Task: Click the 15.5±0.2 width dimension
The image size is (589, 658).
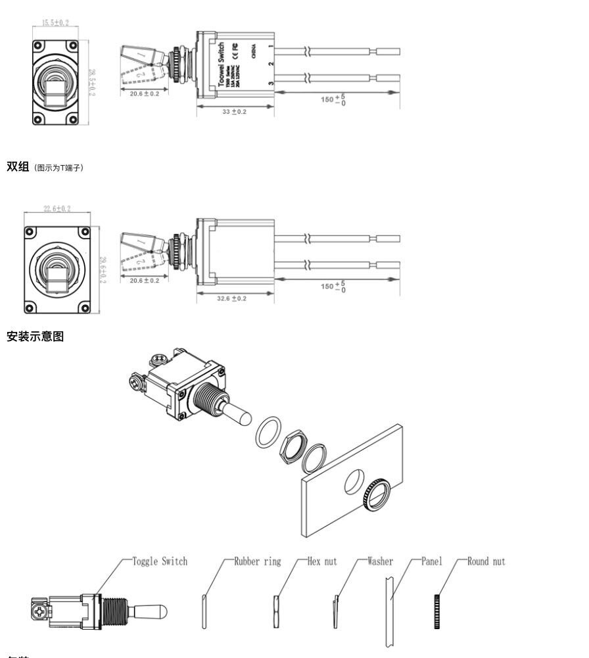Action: coord(55,24)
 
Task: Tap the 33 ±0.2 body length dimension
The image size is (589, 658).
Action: coord(235,112)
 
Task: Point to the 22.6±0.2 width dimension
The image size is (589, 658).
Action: coord(57,209)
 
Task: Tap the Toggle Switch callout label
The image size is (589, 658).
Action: coord(160,561)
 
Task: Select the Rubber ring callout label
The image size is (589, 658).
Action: coord(258,561)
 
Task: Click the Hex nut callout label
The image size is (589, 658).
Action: coord(322,561)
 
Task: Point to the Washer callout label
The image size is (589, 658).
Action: coord(380,561)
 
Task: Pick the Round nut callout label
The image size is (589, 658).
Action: coord(486,561)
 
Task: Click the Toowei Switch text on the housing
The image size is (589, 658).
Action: coord(222,62)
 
